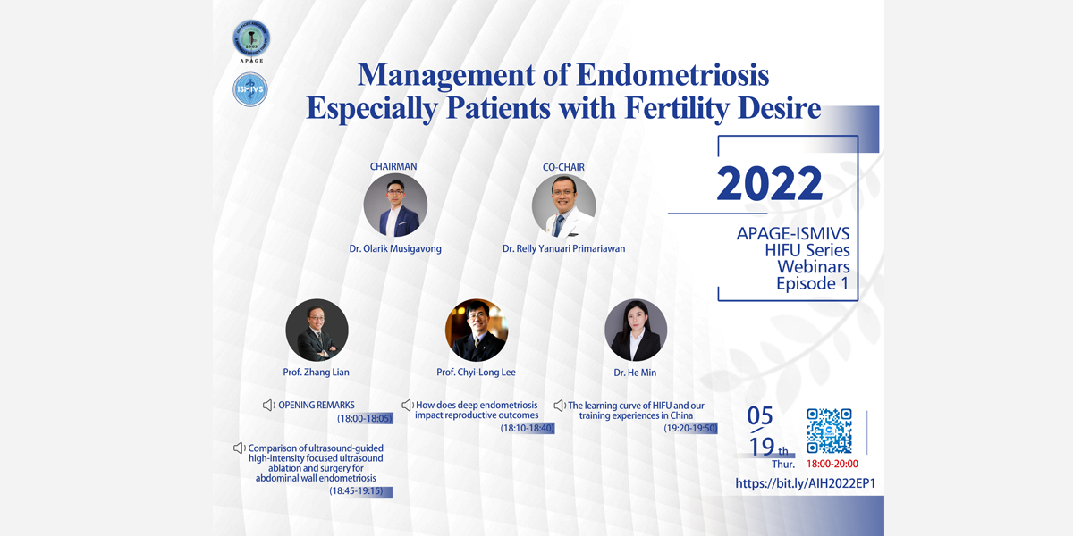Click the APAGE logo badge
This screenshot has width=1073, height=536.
pos(251,40)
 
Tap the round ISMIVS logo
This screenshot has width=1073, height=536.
pos(250,89)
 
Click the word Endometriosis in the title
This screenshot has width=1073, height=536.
pos(672,76)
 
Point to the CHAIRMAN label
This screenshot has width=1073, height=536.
pos(393,166)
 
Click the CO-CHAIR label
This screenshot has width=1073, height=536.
pos(563,168)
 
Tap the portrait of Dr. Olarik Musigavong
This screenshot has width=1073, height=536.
pos(395,205)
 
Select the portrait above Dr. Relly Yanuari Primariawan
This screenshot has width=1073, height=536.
pos(564,205)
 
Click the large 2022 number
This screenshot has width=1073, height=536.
pos(769,183)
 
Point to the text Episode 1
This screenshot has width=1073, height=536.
pos(813,283)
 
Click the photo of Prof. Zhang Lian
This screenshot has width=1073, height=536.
pos(317,331)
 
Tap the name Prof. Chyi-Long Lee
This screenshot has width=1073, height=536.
pos(476,373)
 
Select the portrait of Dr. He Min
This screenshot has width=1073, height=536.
pos(636,331)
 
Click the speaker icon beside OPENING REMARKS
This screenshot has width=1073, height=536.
pos(269,406)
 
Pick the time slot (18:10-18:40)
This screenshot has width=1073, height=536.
pos(527,428)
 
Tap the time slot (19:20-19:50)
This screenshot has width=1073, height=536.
pos(690,428)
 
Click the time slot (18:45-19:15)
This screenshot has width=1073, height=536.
pos(356,491)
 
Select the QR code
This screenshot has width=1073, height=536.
pos(829,431)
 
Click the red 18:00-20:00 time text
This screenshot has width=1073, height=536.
pos(832,464)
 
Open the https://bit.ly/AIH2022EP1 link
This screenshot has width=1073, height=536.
pos(806,483)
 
